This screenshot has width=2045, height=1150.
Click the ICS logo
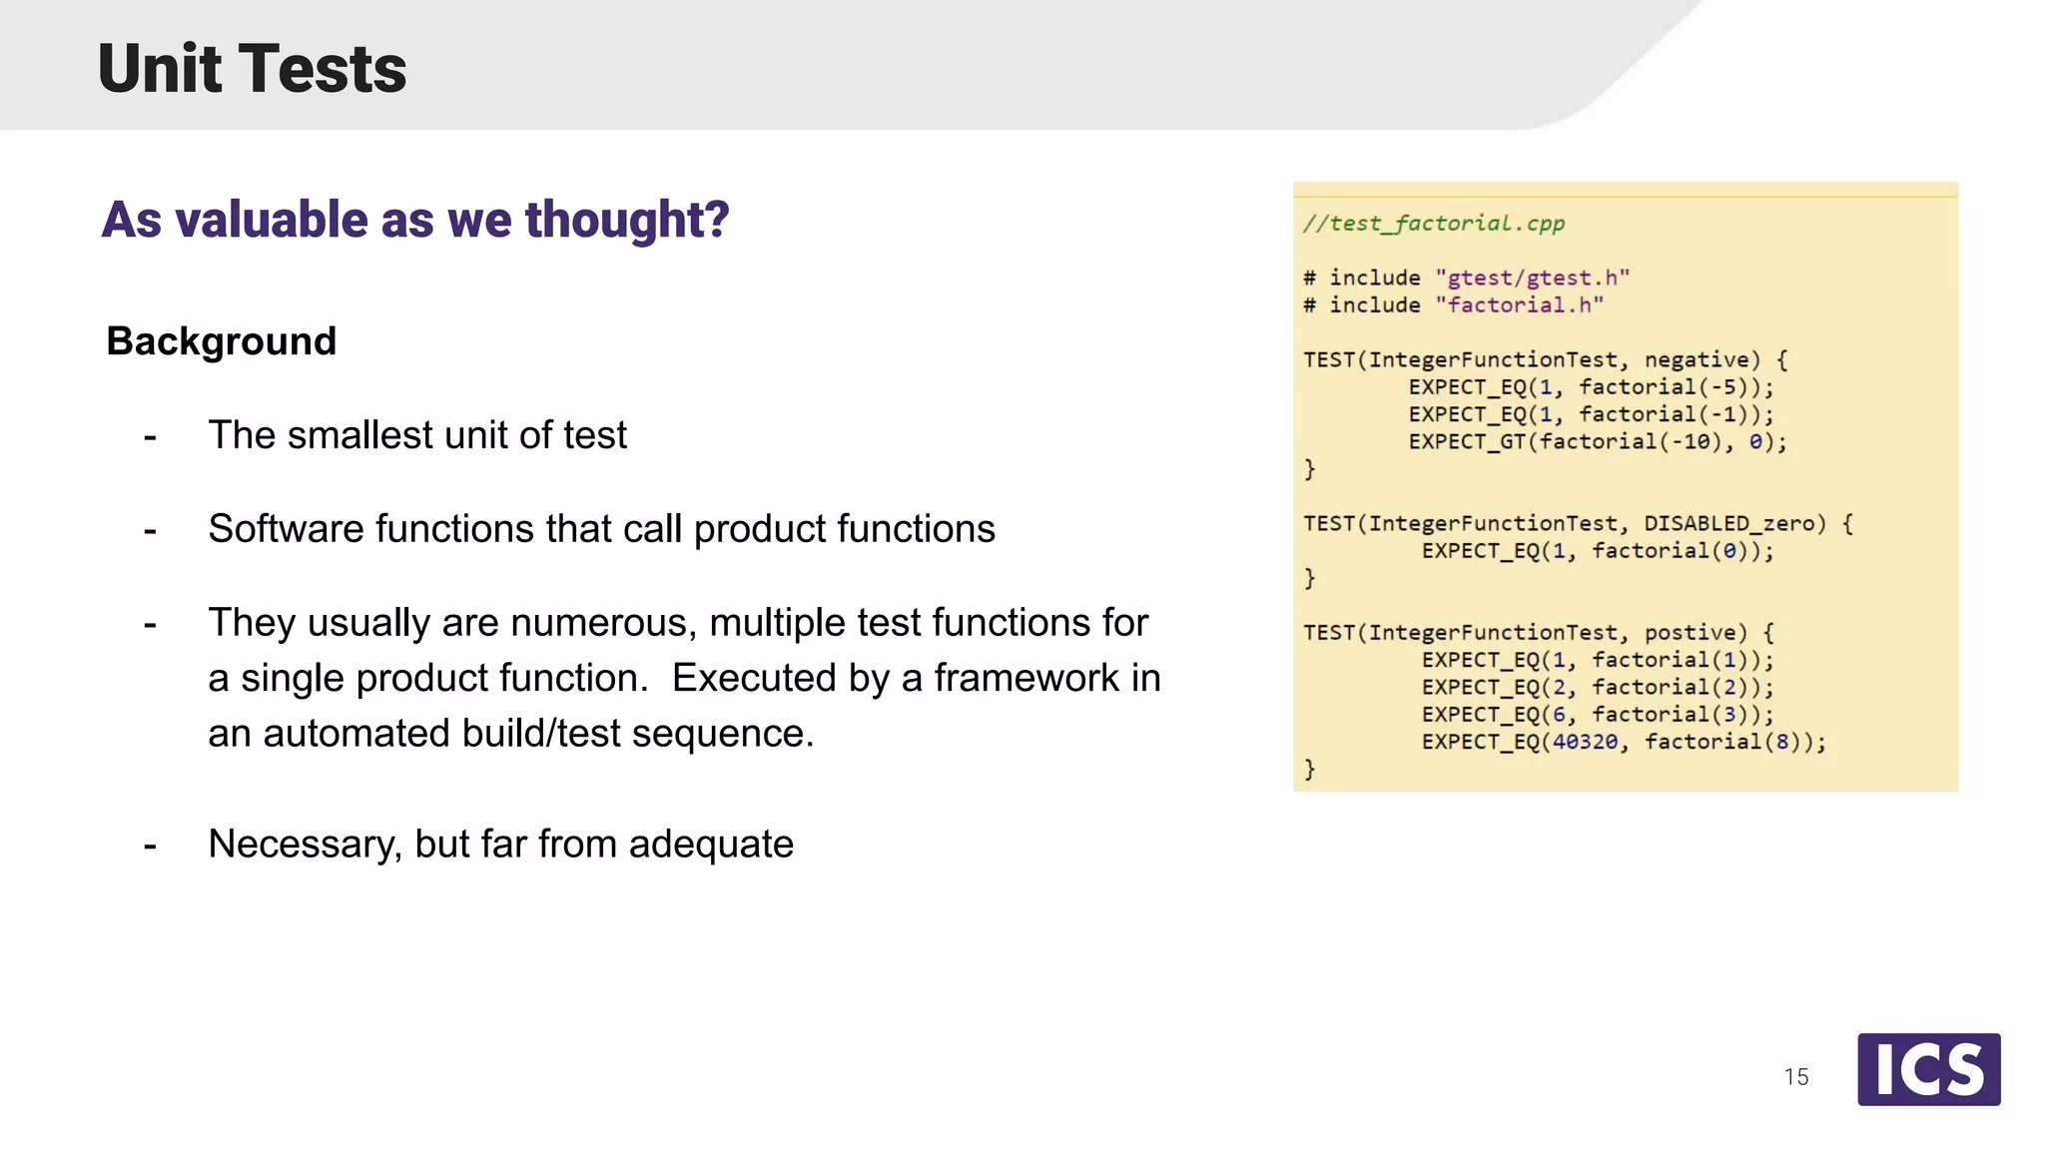[1928, 1069]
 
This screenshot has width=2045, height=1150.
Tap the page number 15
[1795, 1077]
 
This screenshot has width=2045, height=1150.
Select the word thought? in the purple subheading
[627, 220]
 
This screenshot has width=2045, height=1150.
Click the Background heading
[222, 341]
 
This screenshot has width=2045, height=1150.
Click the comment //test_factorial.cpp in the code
[1433, 224]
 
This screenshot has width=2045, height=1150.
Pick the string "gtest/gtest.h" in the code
[1532, 279]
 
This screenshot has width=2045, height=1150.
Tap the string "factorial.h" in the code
[1519, 305]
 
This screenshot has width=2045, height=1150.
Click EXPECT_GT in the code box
[1467, 442]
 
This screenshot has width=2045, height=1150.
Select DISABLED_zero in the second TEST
[1728, 524]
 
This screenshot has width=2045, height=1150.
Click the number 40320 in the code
[1585, 742]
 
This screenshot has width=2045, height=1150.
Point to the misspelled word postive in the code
[1690, 633]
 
